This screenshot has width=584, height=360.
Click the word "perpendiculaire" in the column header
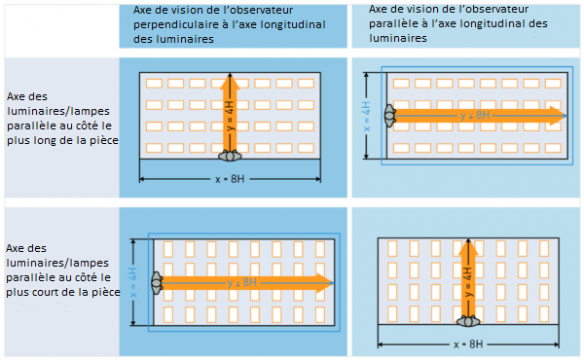point(173,25)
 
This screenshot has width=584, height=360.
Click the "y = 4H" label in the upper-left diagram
point(230,116)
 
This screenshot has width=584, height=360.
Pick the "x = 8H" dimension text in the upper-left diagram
point(230,179)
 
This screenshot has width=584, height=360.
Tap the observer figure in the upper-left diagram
point(230,156)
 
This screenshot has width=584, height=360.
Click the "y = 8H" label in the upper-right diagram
point(475,116)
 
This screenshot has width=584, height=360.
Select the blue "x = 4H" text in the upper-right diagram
point(367,116)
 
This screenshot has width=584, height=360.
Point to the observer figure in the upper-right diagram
point(390,116)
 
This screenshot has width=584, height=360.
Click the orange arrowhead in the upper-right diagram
point(558,116)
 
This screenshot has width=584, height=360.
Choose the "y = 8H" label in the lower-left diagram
point(242,283)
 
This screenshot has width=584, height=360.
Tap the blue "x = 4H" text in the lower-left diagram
point(133,282)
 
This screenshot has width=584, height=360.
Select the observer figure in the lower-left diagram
point(157,283)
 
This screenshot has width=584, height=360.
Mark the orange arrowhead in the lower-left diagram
point(325,283)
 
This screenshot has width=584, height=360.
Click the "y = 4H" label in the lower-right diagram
point(468,282)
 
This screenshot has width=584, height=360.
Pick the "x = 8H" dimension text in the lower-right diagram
point(468,344)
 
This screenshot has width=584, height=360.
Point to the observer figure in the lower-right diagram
point(468,321)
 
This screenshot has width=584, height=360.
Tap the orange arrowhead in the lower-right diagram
point(468,247)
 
